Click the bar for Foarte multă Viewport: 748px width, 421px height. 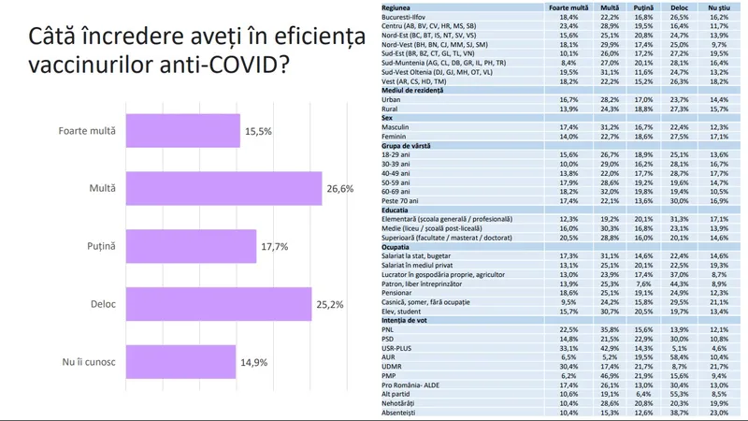pyautogui.click(x=182, y=132)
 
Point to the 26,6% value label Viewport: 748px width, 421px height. pyautogui.click(x=340, y=189)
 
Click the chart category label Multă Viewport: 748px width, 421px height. pyautogui.click(x=104, y=189)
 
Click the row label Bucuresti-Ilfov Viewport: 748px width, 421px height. pyautogui.click(x=410, y=17)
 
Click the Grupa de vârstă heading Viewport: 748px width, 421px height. pyautogui.click(x=410, y=145)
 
